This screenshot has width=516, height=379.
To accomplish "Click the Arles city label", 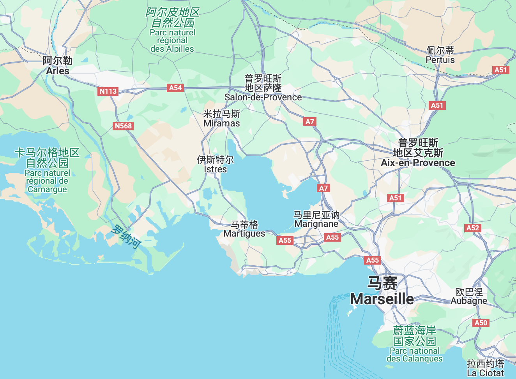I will pos(58,66).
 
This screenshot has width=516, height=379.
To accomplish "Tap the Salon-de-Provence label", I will pos(263,88).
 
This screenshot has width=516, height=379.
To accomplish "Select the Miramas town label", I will pos(222,119).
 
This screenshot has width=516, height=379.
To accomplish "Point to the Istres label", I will pos(215,165).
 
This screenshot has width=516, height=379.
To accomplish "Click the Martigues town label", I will pos(244,229).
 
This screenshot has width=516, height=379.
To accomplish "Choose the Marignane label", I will pos(316,219).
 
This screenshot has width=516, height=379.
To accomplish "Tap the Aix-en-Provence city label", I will pos(418,153).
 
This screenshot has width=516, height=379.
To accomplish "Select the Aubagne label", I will pos(469,297).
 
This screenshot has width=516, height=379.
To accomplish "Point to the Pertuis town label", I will pos(440,55).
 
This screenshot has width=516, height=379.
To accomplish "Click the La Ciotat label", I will pos(486,368).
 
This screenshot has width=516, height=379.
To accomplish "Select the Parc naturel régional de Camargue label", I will pos(47,170).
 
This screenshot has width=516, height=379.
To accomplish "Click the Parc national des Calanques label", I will pos(415,344).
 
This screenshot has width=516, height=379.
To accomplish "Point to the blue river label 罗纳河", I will pos(125,236).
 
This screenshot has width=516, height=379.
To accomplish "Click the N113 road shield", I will pos(108,91).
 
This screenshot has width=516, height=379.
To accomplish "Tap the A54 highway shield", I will pos(175,88).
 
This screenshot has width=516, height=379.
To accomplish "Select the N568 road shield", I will pos(123,126).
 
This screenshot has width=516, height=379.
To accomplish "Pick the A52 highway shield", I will pos(473,228).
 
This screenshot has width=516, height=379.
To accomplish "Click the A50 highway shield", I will pos(481,323).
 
